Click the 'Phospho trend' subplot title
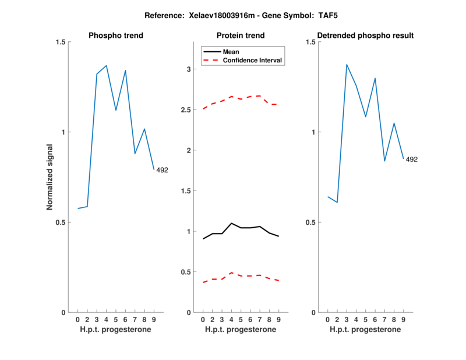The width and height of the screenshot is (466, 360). (x=116, y=36)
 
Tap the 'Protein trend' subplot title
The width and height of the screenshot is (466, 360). (x=241, y=36)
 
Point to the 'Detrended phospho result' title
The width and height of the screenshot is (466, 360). (x=365, y=36)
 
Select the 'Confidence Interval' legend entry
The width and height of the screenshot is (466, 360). (x=253, y=60)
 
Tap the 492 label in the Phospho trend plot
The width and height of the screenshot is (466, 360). (x=162, y=170)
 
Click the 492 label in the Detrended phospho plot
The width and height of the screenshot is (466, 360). (x=412, y=159)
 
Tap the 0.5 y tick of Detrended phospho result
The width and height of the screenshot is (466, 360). (x=310, y=222)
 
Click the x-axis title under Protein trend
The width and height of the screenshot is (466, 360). (x=241, y=330)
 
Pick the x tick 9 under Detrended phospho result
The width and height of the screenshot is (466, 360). (x=403, y=320)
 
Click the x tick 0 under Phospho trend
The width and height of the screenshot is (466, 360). (x=78, y=320)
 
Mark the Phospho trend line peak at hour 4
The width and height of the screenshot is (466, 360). (x=106, y=66)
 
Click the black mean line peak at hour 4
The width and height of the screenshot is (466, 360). (x=231, y=223)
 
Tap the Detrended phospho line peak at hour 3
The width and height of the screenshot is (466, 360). (x=347, y=65)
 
